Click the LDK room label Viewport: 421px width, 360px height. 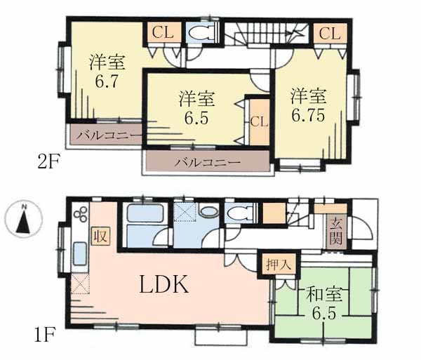[163, 284]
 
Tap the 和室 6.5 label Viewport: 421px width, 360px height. [324, 303]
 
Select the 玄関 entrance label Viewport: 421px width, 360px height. [336, 232]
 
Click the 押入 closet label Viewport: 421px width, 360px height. [279, 265]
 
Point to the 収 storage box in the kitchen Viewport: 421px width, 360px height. [100, 236]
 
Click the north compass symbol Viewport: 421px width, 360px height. [24, 219]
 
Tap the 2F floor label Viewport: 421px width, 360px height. [48, 161]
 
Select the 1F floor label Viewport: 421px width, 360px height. [45, 334]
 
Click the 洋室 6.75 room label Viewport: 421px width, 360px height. [308, 105]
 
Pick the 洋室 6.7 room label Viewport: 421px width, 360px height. [107, 71]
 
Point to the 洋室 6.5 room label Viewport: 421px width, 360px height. [196, 108]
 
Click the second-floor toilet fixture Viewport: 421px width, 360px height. [201, 33]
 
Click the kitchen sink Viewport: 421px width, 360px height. [80, 254]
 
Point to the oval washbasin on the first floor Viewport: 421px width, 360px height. [208, 211]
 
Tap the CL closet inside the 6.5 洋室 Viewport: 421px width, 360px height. [260, 122]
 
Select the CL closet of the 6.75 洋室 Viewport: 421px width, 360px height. [330, 34]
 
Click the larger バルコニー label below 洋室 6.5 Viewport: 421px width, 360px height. [207, 162]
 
